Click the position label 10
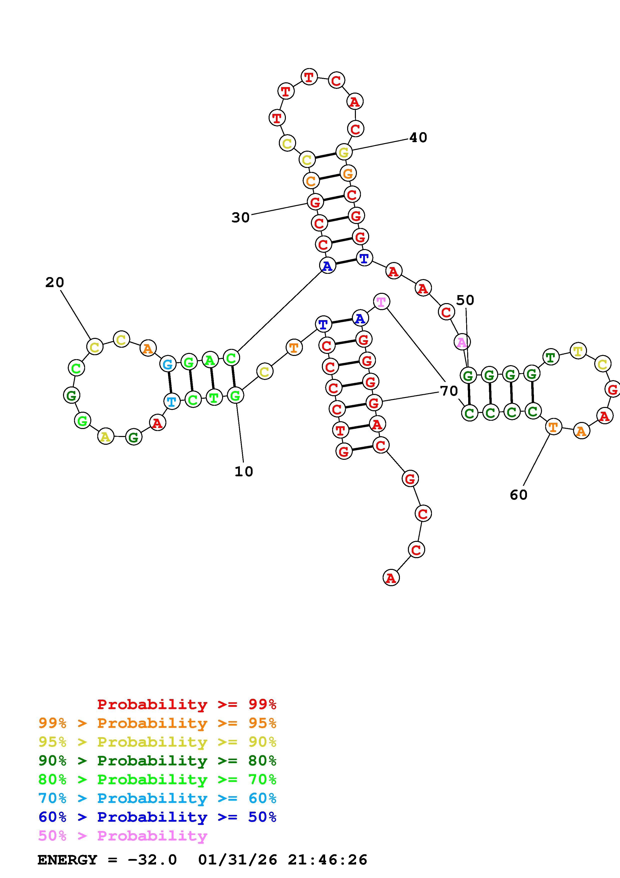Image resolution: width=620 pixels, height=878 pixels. click(x=244, y=472)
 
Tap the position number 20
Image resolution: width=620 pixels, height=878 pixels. click(x=55, y=283)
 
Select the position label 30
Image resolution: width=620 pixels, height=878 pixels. click(x=240, y=217)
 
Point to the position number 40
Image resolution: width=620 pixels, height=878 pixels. click(x=418, y=138)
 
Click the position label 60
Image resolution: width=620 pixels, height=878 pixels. click(x=518, y=495)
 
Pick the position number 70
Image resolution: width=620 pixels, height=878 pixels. click(x=449, y=391)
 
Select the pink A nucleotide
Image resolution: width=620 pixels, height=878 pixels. click(x=462, y=342)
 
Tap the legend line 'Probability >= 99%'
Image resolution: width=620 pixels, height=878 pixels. click(x=187, y=704)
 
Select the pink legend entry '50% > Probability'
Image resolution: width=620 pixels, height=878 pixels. click(x=123, y=836)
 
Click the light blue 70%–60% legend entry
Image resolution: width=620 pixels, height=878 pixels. click(x=157, y=798)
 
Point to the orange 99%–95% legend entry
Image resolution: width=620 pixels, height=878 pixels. click(x=157, y=723)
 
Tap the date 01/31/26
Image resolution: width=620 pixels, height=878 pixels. click(x=238, y=860)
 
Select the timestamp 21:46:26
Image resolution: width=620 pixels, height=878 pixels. click(x=327, y=860)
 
